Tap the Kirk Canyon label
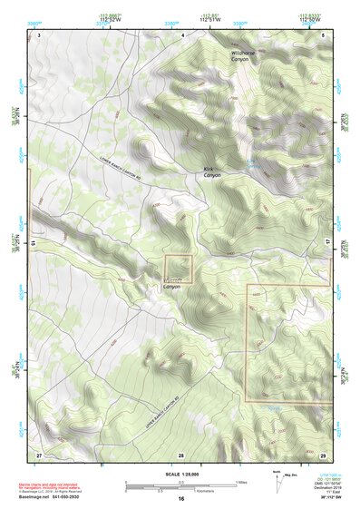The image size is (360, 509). (214, 173)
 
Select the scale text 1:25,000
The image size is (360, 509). (180, 474)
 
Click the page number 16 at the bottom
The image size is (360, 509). (181, 499)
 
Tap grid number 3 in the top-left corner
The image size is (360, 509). (40, 34)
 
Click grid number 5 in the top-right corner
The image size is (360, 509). (325, 34)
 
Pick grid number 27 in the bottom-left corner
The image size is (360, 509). (39, 454)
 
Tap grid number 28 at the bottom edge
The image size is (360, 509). (181, 454)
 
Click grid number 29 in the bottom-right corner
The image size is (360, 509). (324, 454)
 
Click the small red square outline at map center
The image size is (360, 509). (179, 269)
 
